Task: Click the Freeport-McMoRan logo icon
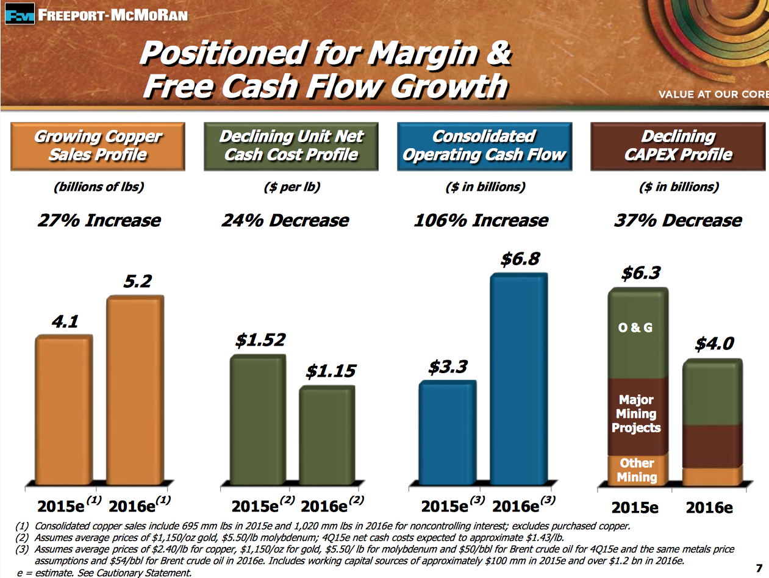click(x=19, y=14)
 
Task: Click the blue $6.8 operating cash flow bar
click(x=518, y=378)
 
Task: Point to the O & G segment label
click(x=635, y=327)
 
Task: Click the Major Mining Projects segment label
click(x=636, y=414)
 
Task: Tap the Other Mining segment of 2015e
click(x=636, y=470)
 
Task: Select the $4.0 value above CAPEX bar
click(x=714, y=344)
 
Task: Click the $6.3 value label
click(x=641, y=273)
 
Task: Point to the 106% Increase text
click(x=481, y=220)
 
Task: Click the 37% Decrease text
click(x=678, y=220)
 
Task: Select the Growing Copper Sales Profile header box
click(x=98, y=146)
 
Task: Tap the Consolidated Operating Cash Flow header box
click(x=484, y=146)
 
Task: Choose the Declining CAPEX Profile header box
click(x=678, y=146)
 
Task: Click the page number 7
click(x=759, y=568)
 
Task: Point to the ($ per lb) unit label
click(x=292, y=187)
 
